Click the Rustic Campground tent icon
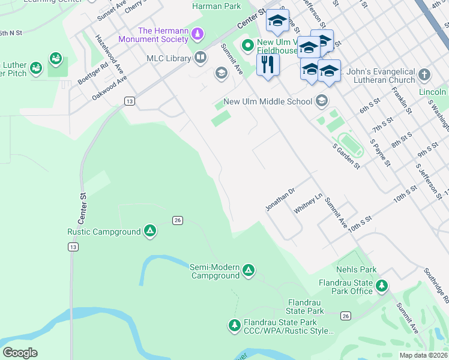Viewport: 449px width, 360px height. click(150, 232)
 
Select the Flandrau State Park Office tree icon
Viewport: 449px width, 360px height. click(381, 287)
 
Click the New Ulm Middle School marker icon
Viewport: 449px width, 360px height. click(322, 101)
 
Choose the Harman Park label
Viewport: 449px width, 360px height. click(217, 7)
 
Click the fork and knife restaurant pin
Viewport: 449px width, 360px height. click(268, 64)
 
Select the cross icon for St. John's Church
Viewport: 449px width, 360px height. click(424, 75)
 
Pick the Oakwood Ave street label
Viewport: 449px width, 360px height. click(109, 88)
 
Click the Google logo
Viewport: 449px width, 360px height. click(19, 353)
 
